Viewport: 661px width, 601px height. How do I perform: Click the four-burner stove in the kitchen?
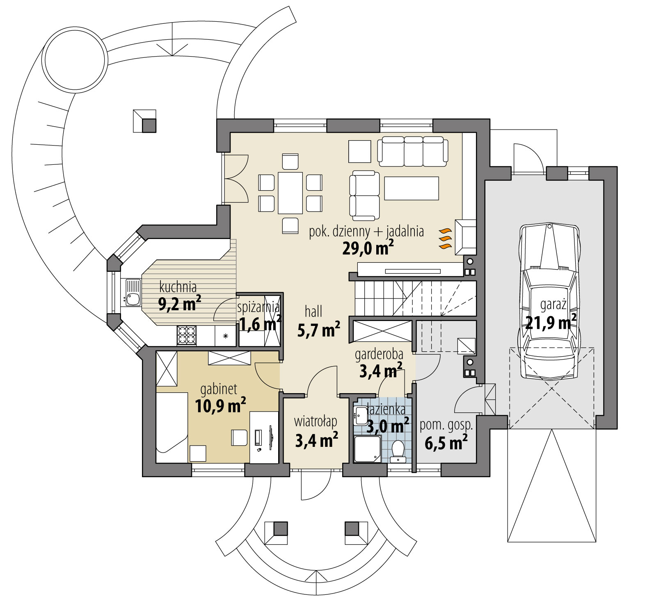pyautogui.click(x=186, y=335)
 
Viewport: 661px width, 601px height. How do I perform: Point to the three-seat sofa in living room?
pyautogui.click(x=412, y=151)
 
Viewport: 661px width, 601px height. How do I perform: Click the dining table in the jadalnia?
pyautogui.click(x=290, y=193)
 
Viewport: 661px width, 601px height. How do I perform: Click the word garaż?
pyautogui.click(x=553, y=305)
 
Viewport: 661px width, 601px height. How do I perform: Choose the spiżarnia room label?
pyautogui.click(x=258, y=307)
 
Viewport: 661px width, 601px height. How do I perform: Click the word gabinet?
pyautogui.click(x=218, y=389)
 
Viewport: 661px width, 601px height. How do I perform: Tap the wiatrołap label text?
pyautogui.click(x=315, y=421)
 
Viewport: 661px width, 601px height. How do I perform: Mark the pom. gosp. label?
pyautogui.click(x=446, y=425)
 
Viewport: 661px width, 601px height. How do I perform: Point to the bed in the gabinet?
pyautogui.click(x=172, y=426)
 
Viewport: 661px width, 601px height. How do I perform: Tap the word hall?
pyautogui.click(x=313, y=312)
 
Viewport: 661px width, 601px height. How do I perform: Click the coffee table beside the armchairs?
pyautogui.click(x=412, y=188)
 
